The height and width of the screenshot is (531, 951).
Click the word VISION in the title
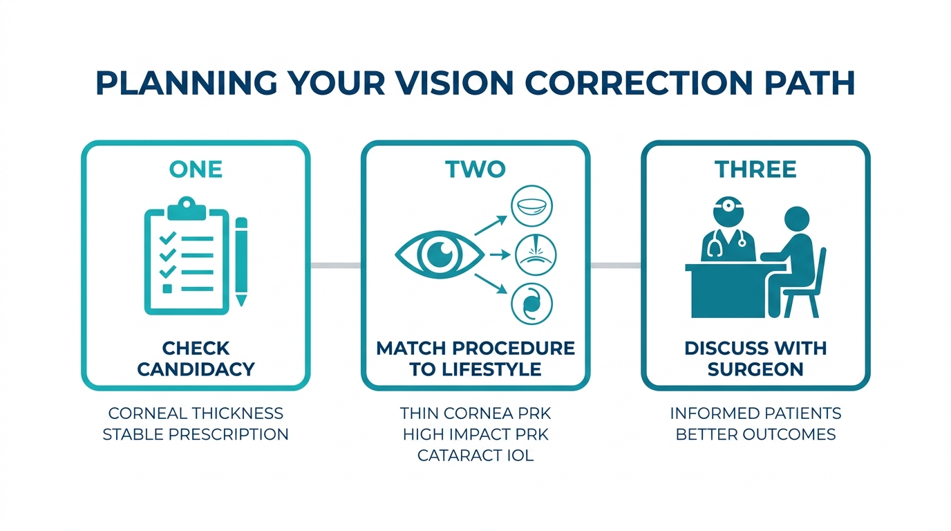point(455,83)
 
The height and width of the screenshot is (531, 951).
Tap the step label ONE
point(196,169)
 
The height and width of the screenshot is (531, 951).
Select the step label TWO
point(475,169)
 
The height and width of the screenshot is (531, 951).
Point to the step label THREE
point(755,169)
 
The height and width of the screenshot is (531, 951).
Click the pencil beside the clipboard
point(241,261)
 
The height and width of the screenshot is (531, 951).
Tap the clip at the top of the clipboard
point(187,207)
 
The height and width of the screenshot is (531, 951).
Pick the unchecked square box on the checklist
point(167,289)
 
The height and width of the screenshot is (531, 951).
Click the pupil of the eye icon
point(440,254)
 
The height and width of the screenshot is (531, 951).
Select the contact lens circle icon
point(531,206)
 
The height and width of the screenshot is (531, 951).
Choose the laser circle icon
point(536,255)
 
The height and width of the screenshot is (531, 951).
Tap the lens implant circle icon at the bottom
point(531,304)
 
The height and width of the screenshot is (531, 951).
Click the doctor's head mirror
point(728,206)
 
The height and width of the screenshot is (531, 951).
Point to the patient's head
point(797,220)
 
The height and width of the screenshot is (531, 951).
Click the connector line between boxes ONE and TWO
point(336,265)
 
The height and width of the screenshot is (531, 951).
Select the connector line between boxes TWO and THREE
point(616,265)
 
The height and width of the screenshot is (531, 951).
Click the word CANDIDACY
point(196,369)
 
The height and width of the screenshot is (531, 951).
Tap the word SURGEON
point(755,369)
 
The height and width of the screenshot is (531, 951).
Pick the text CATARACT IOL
point(475,456)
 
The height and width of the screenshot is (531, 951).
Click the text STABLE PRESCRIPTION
point(196,435)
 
